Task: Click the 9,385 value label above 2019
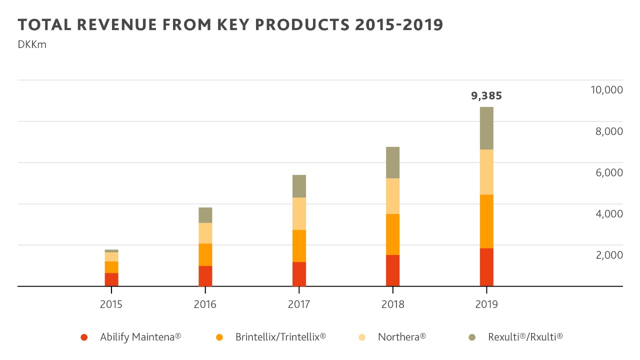pos(486,96)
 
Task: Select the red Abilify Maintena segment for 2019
pos(486,267)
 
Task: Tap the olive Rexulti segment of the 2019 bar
pos(486,128)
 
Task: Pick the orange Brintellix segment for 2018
pos(392,234)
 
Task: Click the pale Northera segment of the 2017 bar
pos(299,213)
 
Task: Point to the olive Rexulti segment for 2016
pos(205,215)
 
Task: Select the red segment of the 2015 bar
pos(111,279)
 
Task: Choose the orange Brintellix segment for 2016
pos(205,254)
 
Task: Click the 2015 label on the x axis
pos(111,304)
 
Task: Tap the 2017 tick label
pos(299,304)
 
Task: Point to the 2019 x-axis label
pos(486,304)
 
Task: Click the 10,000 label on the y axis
pos(606,90)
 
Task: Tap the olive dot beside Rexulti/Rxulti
pos(472,337)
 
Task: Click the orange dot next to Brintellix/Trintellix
pos(219,337)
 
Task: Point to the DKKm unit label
pos(32,44)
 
